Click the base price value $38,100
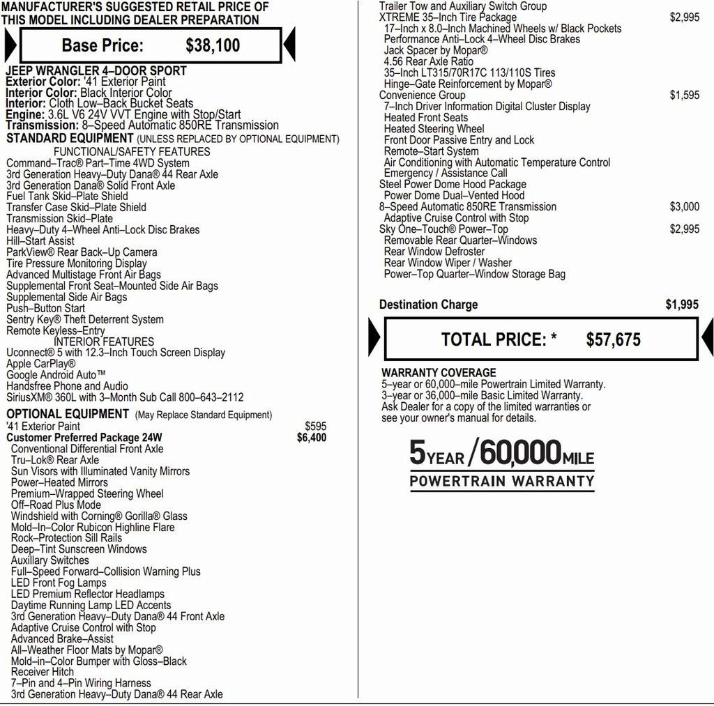(x=213, y=46)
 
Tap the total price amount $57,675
(x=613, y=340)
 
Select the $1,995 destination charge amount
(x=681, y=305)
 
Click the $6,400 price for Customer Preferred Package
(x=311, y=438)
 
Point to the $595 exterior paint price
(x=315, y=427)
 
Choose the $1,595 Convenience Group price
(x=684, y=95)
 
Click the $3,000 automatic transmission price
(x=684, y=207)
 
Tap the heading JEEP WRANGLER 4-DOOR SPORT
(x=96, y=71)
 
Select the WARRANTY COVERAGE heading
(x=439, y=373)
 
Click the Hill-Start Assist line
(x=40, y=241)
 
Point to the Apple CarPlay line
(x=41, y=364)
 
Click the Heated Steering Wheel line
(x=434, y=129)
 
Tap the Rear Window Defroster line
(x=434, y=252)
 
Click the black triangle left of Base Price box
(x=10, y=46)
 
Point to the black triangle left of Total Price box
(x=373, y=339)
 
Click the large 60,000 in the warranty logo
(x=520, y=454)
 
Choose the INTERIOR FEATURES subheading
(x=104, y=342)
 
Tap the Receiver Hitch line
(x=43, y=672)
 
